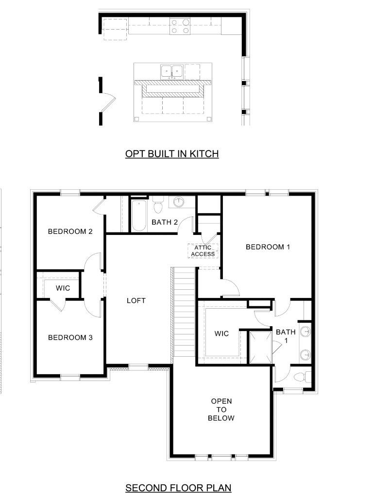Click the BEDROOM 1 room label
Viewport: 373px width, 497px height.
[x=268, y=247]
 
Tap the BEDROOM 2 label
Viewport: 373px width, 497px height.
[x=70, y=232]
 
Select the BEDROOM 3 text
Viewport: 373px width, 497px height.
[x=70, y=338]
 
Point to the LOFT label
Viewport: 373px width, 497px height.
[x=136, y=300]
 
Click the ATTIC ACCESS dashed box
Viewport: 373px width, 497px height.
[x=203, y=251]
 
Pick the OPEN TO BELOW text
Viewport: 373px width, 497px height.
[x=221, y=410]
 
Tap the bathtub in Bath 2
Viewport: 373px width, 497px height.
[x=139, y=215]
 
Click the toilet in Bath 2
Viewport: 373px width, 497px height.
[x=158, y=205]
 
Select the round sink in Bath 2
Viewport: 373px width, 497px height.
[x=179, y=201]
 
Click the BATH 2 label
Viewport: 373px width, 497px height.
[x=165, y=222]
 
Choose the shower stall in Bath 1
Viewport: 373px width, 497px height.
[x=260, y=348]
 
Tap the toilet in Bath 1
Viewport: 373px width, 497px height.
[x=300, y=377]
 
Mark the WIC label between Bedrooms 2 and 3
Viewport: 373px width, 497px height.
[x=63, y=288]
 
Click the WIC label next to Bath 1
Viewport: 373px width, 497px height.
[x=221, y=333]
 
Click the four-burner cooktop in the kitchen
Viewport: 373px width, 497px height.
[x=180, y=26]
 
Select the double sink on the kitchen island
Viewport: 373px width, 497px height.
[x=171, y=71]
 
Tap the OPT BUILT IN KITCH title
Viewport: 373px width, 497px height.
[x=172, y=154]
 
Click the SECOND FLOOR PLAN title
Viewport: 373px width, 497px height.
[x=178, y=487]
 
